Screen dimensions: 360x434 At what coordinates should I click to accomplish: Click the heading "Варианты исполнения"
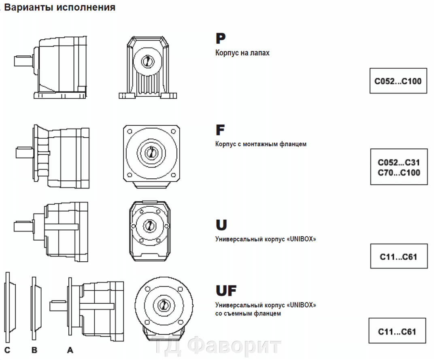(x=60, y=7)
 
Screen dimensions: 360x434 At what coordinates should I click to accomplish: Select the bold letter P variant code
(x=221, y=38)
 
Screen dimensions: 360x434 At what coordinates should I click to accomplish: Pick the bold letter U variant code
(x=221, y=225)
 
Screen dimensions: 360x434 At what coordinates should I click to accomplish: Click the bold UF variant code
(x=226, y=290)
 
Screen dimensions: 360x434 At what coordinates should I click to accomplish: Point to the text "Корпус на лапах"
(x=242, y=53)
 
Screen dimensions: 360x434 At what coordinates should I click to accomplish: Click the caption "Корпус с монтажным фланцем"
(x=261, y=144)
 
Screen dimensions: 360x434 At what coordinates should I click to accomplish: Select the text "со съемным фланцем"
(x=248, y=313)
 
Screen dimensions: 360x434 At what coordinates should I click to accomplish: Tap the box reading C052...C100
(x=398, y=81)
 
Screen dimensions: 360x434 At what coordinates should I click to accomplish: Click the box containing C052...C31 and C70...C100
(x=399, y=167)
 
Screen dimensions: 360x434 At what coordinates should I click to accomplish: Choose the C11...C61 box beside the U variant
(x=398, y=256)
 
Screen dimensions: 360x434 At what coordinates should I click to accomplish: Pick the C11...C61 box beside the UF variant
(x=397, y=332)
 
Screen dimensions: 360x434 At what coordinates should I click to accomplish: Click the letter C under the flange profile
(x=7, y=350)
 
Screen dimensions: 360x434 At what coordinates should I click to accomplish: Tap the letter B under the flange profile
(x=34, y=350)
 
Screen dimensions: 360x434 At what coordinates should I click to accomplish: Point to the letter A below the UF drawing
(x=70, y=350)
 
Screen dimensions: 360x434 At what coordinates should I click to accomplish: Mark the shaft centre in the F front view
(x=151, y=152)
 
